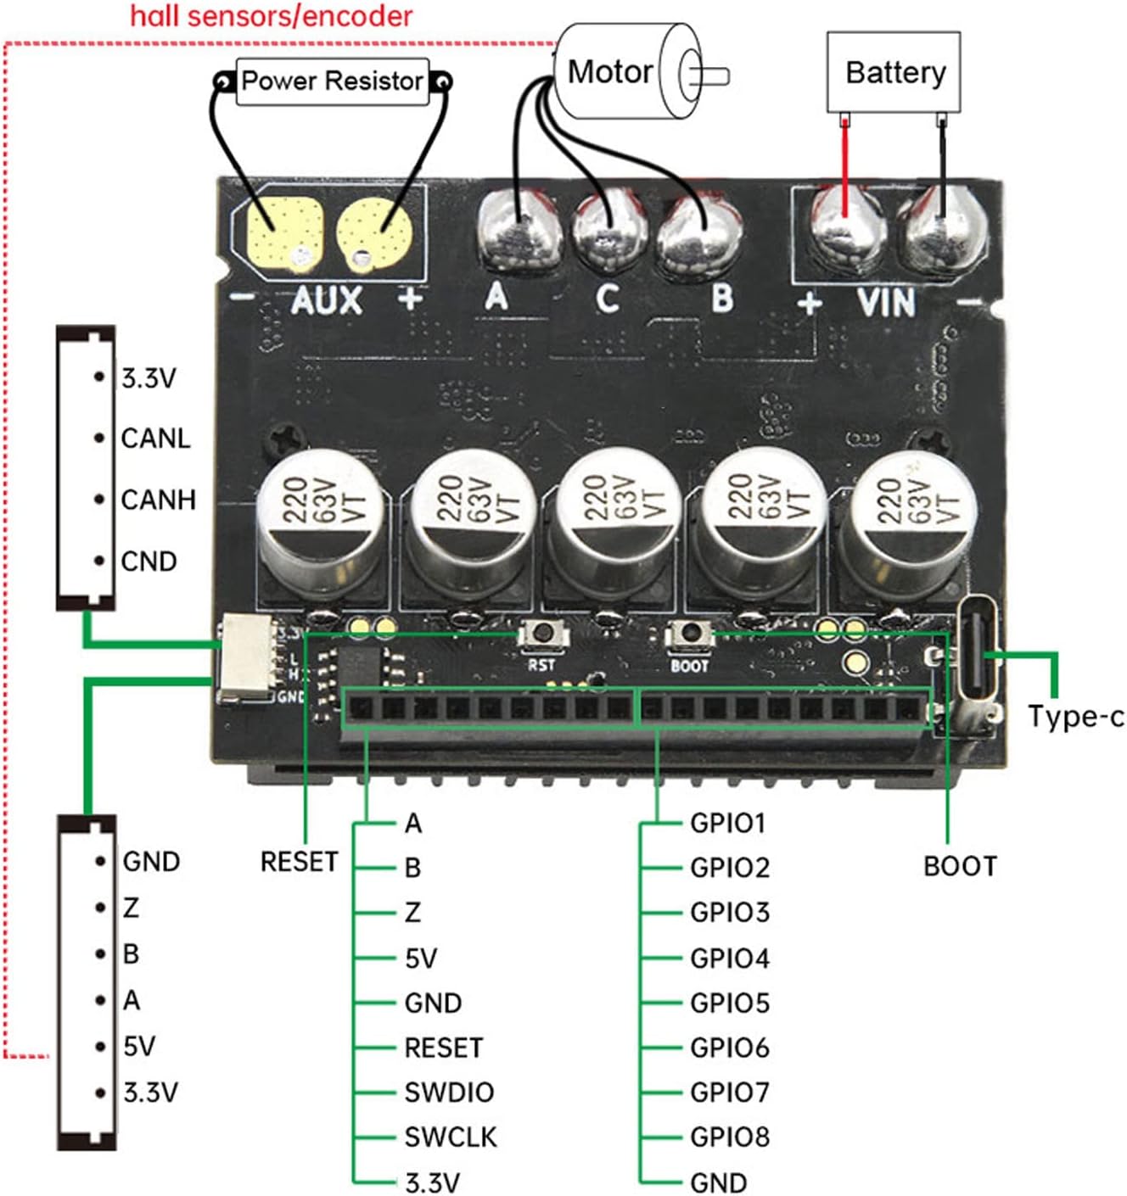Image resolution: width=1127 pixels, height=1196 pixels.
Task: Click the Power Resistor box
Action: click(x=332, y=81)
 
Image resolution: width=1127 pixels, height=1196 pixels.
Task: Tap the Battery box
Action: click(x=894, y=72)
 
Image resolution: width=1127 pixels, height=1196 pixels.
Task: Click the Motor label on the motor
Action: click(x=609, y=72)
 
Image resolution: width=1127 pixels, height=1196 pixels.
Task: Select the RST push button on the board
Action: click(x=540, y=633)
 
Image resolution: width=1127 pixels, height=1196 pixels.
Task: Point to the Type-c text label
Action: click(x=1075, y=717)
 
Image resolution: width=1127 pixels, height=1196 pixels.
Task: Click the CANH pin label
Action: click(x=158, y=500)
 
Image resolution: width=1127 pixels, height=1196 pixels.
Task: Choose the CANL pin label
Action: click(x=155, y=439)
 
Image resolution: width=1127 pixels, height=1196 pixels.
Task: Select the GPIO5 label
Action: click(x=729, y=1003)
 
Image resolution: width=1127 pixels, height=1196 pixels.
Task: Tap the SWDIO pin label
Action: click(x=449, y=1092)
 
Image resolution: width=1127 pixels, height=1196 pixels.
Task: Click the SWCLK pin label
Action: click(x=450, y=1137)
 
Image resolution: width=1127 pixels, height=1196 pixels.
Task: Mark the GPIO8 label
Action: click(x=729, y=1137)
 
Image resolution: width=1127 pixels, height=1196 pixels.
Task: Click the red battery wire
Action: click(x=844, y=170)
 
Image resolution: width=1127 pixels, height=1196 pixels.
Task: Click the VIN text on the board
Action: click(x=886, y=303)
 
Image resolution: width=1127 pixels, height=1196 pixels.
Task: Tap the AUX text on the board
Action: click(x=327, y=300)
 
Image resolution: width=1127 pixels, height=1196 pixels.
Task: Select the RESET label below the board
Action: click(x=299, y=862)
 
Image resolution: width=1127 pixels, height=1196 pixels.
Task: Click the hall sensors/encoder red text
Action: click(x=271, y=15)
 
